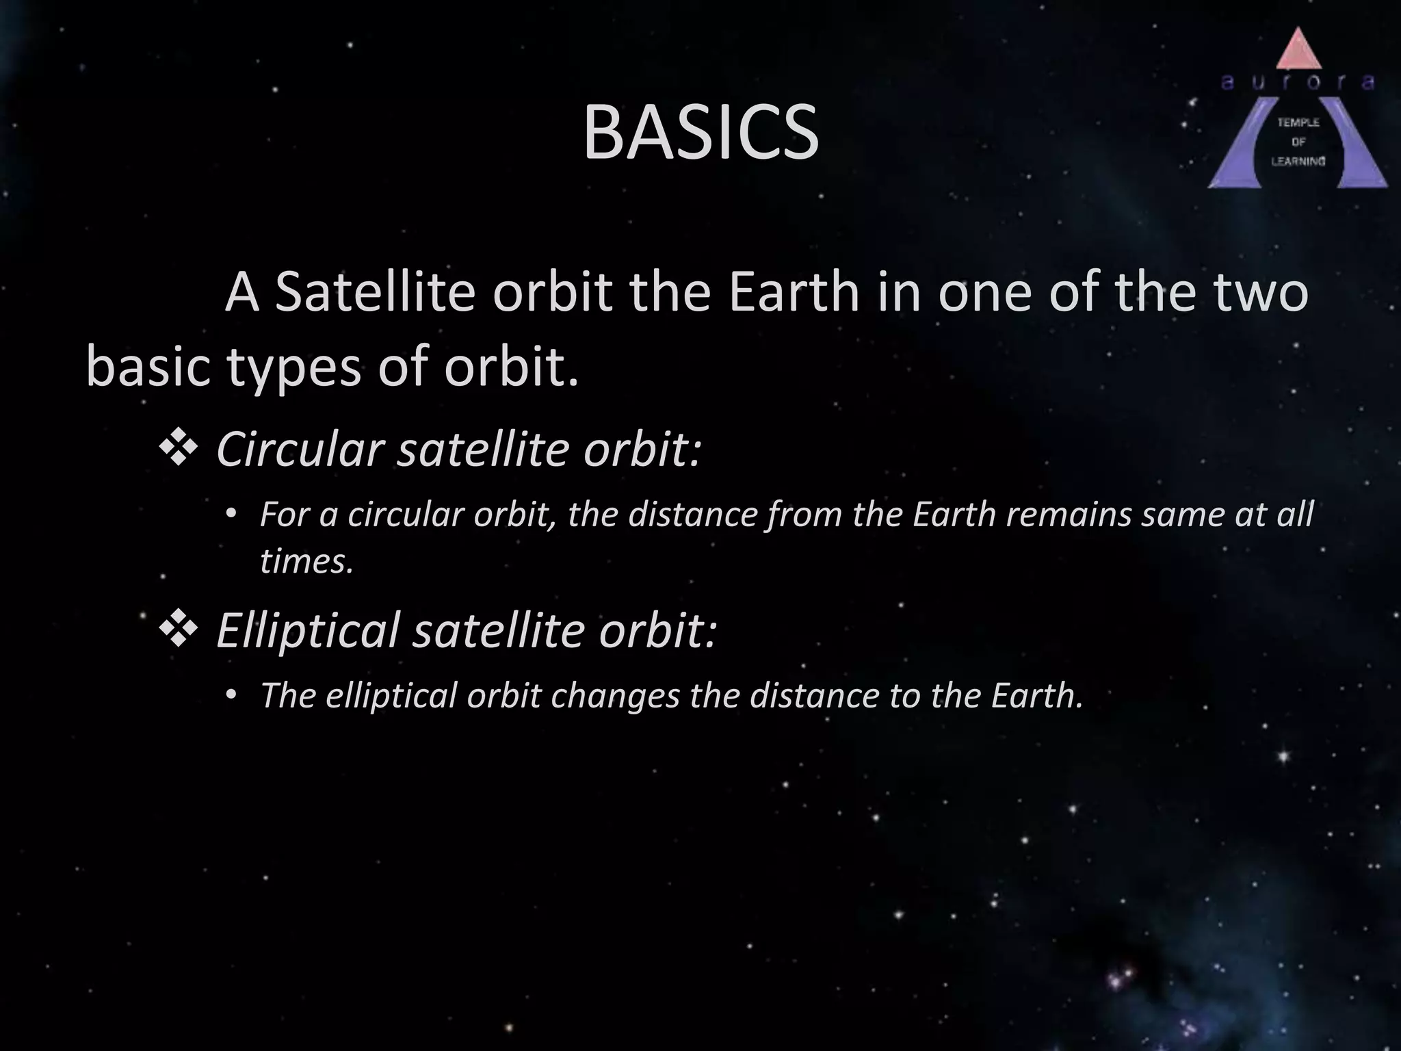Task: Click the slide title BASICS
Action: [x=700, y=133]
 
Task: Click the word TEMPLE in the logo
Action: [x=1298, y=122]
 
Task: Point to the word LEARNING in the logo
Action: [x=1298, y=161]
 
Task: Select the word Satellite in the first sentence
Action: [x=375, y=292]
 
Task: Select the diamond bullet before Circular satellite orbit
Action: [x=179, y=450]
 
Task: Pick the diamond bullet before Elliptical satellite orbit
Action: [x=179, y=630]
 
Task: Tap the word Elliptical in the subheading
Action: [x=307, y=630]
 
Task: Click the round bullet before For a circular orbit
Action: [x=231, y=513]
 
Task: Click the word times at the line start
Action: [x=306, y=562]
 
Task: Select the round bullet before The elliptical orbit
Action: [x=231, y=695]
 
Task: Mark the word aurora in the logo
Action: [x=1298, y=83]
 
